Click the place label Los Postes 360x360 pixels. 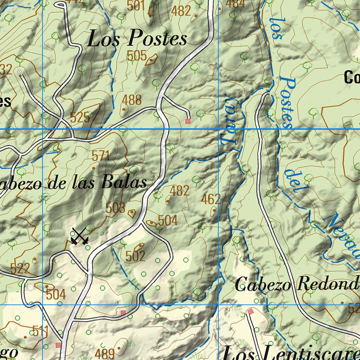[137, 38]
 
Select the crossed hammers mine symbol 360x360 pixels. [79, 236]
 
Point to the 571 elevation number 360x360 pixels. [101, 156]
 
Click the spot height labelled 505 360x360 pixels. [136, 56]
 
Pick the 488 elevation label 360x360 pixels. [132, 100]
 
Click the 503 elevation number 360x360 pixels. [115, 208]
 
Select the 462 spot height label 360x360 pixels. [211, 199]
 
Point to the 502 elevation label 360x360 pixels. [135, 256]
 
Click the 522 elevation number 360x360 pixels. [20, 269]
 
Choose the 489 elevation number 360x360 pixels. [105, 353]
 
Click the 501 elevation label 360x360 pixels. [136, 6]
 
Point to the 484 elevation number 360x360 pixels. [236, 4]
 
